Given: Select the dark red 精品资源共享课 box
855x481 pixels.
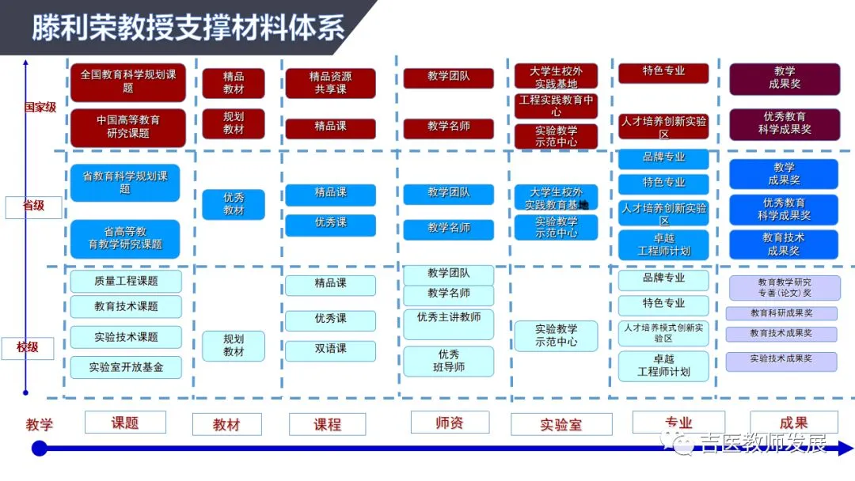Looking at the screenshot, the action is (330, 83).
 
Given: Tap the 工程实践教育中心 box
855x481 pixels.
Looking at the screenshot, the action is (556, 106).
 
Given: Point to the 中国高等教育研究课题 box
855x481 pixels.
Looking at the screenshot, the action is (127, 127).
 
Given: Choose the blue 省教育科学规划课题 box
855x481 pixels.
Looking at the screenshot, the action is (125, 183).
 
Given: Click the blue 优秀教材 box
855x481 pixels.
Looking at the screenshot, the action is (234, 204).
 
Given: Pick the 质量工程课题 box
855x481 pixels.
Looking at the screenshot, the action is (126, 281).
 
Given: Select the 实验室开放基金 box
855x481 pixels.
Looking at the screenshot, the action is (126, 367).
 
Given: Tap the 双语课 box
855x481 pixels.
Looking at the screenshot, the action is (330, 349).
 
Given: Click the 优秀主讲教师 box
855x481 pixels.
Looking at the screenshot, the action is (449, 320).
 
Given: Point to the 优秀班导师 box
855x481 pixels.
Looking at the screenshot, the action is (449, 361).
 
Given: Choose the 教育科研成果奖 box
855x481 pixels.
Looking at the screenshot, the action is (781, 313).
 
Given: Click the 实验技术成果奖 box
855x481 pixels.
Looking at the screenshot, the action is (781, 360).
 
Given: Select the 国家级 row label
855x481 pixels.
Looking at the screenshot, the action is (40, 107).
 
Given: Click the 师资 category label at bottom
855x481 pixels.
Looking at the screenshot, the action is (449, 422).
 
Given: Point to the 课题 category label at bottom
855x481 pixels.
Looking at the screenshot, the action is (125, 422).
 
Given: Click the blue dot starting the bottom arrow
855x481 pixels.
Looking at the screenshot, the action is (39, 449).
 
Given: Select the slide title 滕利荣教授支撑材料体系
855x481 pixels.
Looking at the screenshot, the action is (188, 28).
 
